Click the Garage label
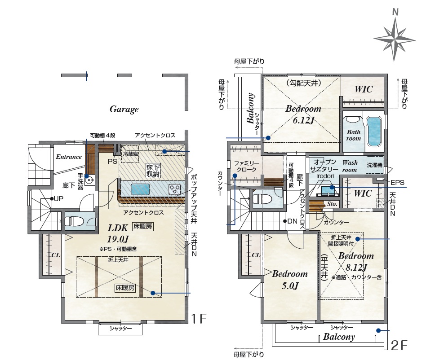point(124,109)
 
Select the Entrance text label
point(69,157)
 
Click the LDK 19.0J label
point(118,233)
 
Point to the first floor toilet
point(72,221)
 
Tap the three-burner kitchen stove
point(174,189)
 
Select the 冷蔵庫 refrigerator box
point(130,153)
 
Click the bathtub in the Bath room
point(373,131)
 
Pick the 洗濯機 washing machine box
point(374,165)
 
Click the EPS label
point(397,183)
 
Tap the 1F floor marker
point(199,319)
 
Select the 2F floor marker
point(399,345)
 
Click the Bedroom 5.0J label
point(290,280)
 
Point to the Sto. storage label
point(332,204)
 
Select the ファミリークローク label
point(246,167)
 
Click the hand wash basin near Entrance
point(89,180)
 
